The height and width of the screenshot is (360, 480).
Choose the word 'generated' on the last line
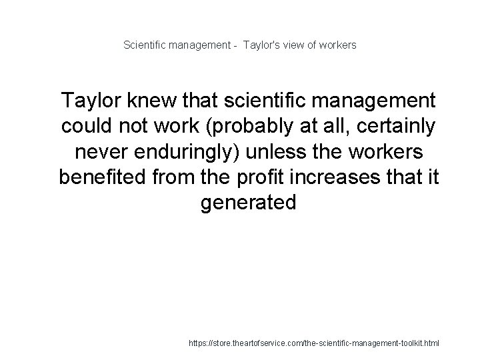(x=248, y=202)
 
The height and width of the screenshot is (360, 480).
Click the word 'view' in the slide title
(x=295, y=45)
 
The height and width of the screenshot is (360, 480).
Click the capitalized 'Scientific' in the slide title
(x=145, y=45)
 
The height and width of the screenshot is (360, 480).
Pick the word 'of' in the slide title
(x=315, y=45)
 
